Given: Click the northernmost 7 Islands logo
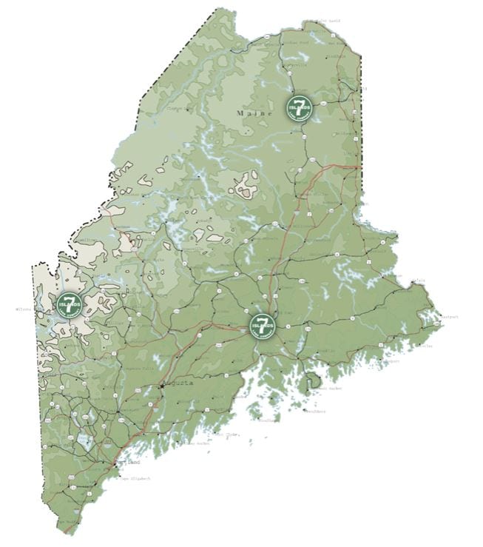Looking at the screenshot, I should click(298, 107).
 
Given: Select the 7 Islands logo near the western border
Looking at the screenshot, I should click(69, 304).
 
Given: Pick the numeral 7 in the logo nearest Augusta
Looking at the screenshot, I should click(262, 321).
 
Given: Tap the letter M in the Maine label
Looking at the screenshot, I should click(239, 113).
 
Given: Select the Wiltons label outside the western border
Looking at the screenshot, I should click(24, 309).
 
